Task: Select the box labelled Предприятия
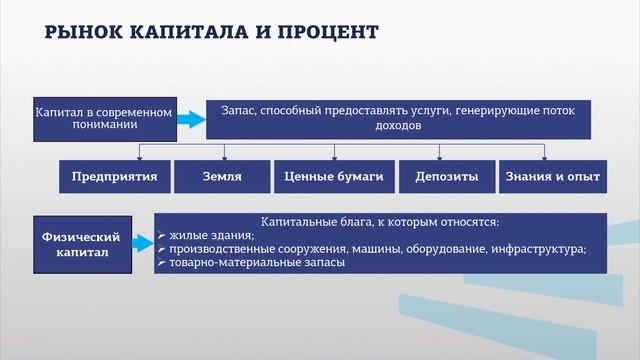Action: click(115, 177)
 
